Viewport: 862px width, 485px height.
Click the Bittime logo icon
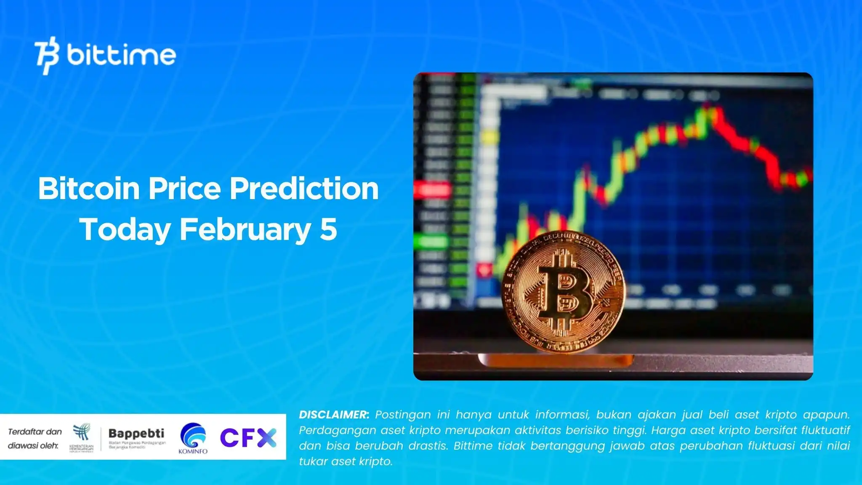[46, 56]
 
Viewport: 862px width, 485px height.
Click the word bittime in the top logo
[121, 55]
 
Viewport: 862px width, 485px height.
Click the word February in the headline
[245, 229]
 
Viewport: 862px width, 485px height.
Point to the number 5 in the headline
[328, 229]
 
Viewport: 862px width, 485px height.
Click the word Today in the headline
[125, 229]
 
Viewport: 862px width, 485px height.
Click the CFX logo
[248, 438]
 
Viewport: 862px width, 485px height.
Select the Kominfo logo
[193, 438]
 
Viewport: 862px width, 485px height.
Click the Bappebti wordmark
[136, 433]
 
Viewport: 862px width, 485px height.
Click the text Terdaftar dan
[35, 432]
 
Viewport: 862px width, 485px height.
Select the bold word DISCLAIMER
[334, 415]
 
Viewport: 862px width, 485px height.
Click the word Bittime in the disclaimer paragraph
[471, 446]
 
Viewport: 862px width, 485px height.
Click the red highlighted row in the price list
[432, 190]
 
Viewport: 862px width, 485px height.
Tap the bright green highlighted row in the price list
[430, 242]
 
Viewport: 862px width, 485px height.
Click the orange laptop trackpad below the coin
[556, 360]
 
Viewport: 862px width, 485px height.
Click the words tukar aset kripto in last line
[346, 461]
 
